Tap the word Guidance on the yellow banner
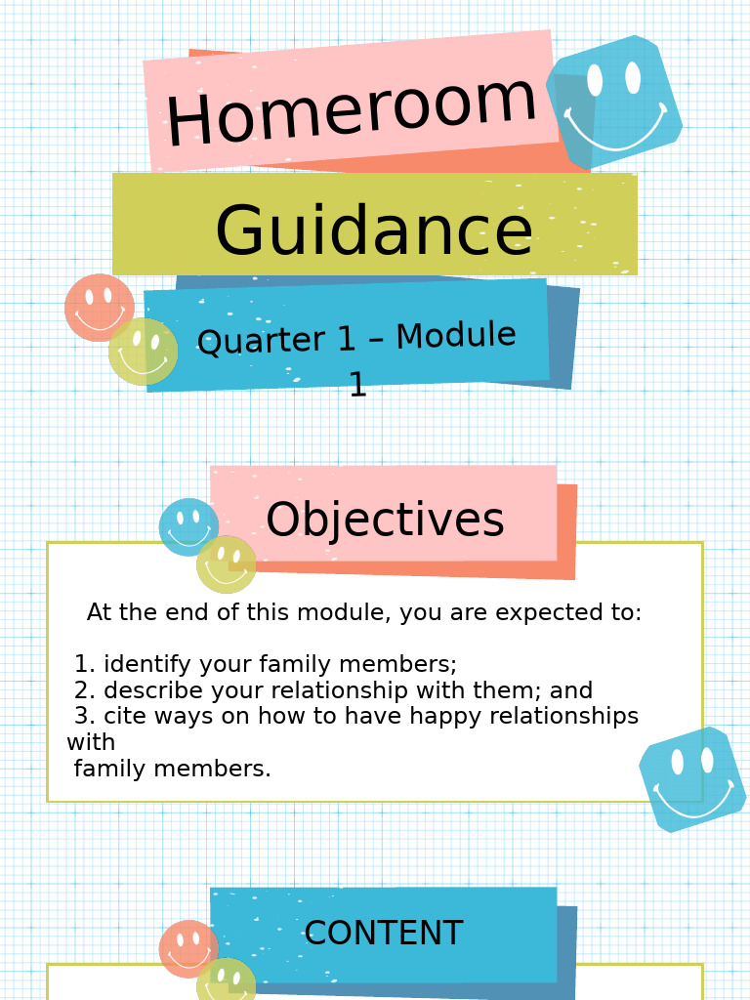[373, 232]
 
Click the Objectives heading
[385, 521]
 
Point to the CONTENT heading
[383, 935]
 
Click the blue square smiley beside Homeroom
[615, 100]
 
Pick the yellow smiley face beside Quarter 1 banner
[144, 352]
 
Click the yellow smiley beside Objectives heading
[227, 564]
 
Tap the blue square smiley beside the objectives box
[692, 779]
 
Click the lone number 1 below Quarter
[357, 386]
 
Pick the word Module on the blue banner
[455, 336]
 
